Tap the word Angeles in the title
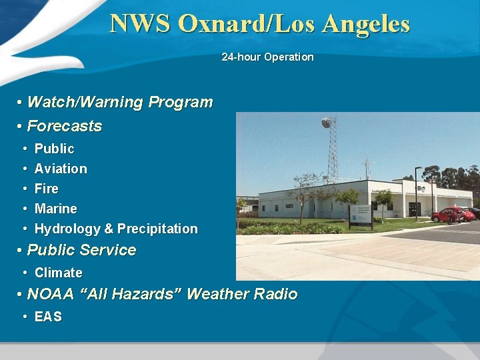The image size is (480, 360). [365, 24]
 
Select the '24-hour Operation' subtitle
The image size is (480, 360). [267, 57]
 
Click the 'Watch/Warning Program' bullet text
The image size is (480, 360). [119, 103]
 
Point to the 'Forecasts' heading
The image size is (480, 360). [64, 126]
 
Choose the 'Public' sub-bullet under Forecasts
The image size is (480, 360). [54, 149]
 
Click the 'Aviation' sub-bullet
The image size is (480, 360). [61, 169]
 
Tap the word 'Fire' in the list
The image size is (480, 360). [46, 189]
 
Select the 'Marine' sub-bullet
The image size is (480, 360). [55, 209]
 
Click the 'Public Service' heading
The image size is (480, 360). [81, 251]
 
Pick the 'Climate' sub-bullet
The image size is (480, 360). [58, 273]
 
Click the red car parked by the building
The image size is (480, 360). [452, 215]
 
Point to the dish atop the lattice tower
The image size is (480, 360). [327, 123]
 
